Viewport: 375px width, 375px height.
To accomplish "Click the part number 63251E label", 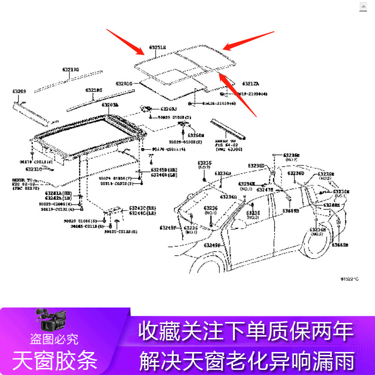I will pyautogui.click(x=157, y=48).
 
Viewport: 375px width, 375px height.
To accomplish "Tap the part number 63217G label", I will pyautogui.click(x=71, y=69).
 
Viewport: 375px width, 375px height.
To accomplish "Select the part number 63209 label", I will pyautogui.click(x=19, y=91).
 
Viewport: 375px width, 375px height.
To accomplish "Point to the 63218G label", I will pyautogui.click(x=93, y=90).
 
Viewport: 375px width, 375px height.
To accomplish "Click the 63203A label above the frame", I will pyautogui.click(x=110, y=105).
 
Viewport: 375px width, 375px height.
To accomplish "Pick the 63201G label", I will pyautogui.click(x=124, y=84).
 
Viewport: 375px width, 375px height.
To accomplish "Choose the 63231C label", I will pyautogui.click(x=34, y=169).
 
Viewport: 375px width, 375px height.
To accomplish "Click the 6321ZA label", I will pyautogui.click(x=250, y=84).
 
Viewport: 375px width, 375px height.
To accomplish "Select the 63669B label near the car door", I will pyautogui.click(x=291, y=211).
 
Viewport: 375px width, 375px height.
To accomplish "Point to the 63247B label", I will pyautogui.click(x=265, y=190).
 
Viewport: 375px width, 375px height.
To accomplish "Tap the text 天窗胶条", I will pyautogui.click(x=55, y=360).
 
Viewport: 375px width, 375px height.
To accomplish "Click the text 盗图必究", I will pyautogui.click(x=54, y=338).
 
